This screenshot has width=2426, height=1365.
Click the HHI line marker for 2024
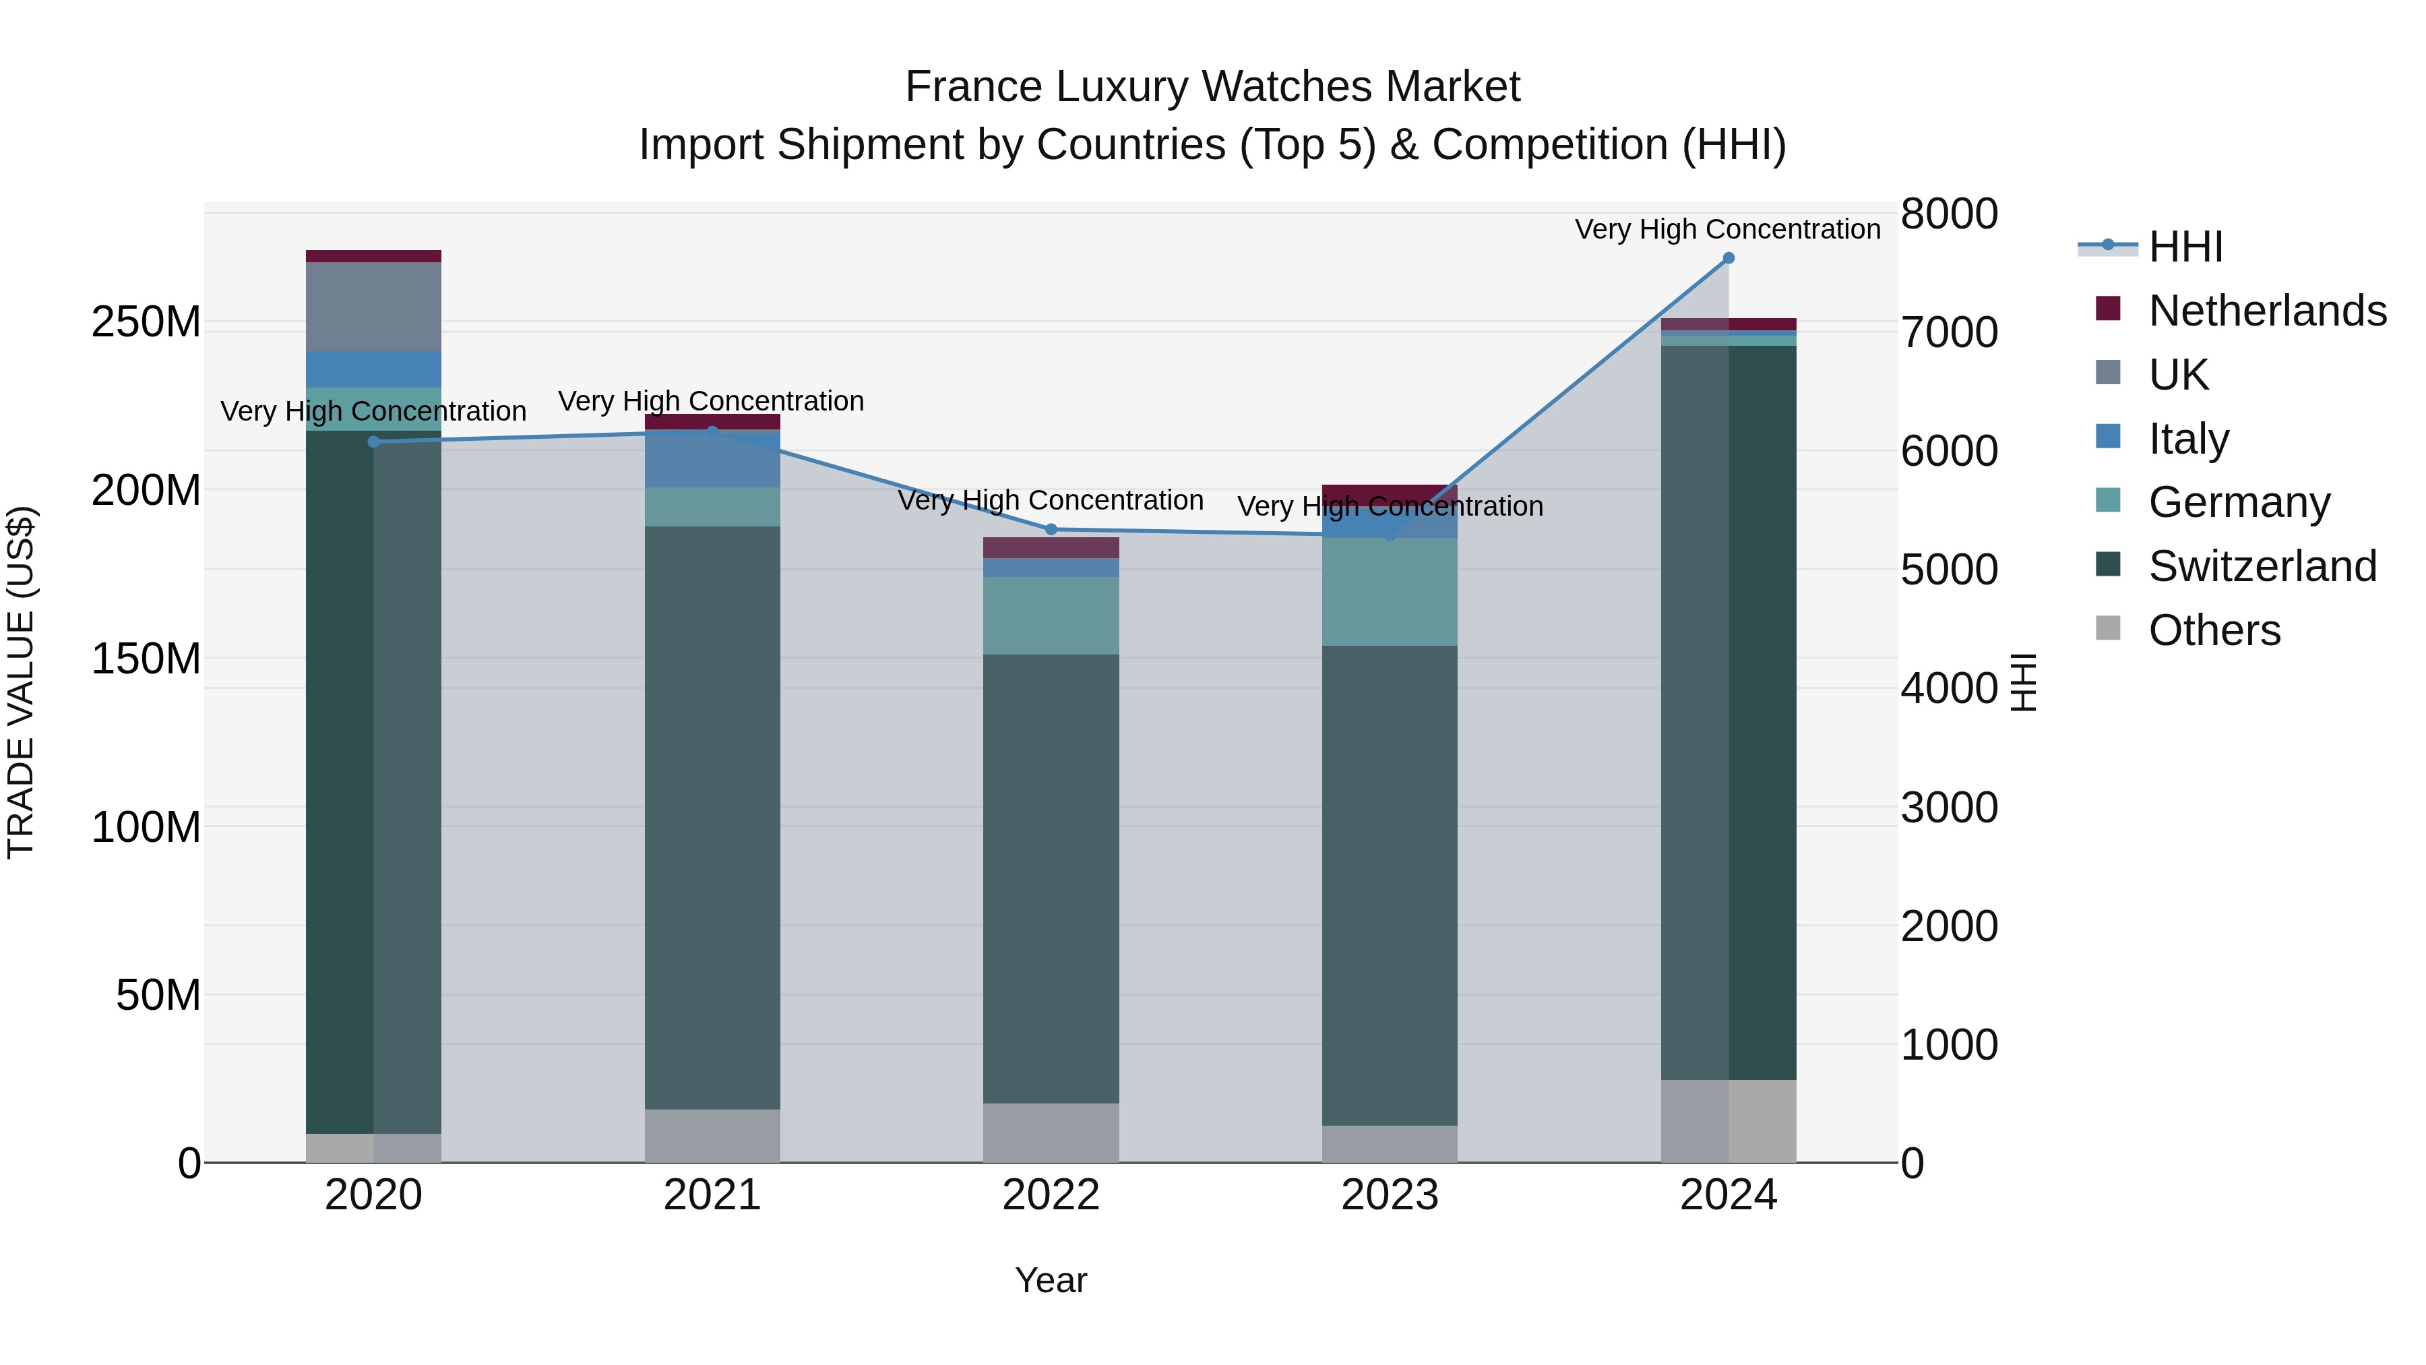coord(1728,258)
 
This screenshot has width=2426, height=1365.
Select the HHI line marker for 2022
coord(1052,529)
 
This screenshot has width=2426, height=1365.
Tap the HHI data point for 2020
coord(374,442)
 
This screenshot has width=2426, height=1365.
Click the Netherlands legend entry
coord(2267,311)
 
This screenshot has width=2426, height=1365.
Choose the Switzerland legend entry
coord(2262,566)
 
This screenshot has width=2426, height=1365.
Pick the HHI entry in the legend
coord(2185,247)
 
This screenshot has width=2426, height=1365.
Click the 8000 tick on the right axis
coord(1948,214)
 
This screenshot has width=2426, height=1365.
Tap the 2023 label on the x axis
coord(1389,1195)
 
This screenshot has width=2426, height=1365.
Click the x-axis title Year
coord(1051,1280)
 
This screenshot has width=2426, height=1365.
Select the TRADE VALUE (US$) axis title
coord(21,682)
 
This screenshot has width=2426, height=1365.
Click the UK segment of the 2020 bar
coord(374,307)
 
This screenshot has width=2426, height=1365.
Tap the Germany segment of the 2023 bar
coord(1389,592)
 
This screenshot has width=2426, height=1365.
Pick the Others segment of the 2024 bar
coord(1728,1121)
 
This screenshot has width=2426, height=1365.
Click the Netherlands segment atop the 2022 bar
coord(1051,547)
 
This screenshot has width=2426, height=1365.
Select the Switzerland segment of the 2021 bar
coord(712,817)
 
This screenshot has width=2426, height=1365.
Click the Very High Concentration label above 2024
coord(1727,229)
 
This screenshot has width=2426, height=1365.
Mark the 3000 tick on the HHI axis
coord(1948,808)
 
